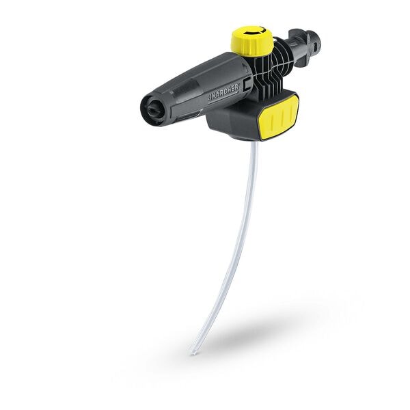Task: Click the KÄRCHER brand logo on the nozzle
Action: click(223, 92)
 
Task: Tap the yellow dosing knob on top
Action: click(252, 40)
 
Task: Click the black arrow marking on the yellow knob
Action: click(253, 32)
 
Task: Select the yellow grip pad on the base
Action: click(279, 117)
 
